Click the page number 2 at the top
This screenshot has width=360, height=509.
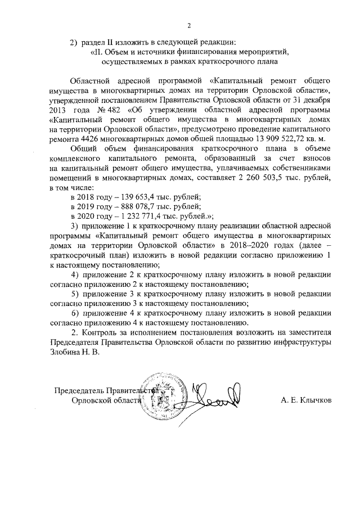tap(189, 25)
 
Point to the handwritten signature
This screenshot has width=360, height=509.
tap(216, 398)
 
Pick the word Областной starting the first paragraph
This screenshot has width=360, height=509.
tap(90, 79)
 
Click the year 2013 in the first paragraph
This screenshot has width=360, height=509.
tap(59, 110)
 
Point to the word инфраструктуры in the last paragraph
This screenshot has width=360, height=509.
tap(302, 343)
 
